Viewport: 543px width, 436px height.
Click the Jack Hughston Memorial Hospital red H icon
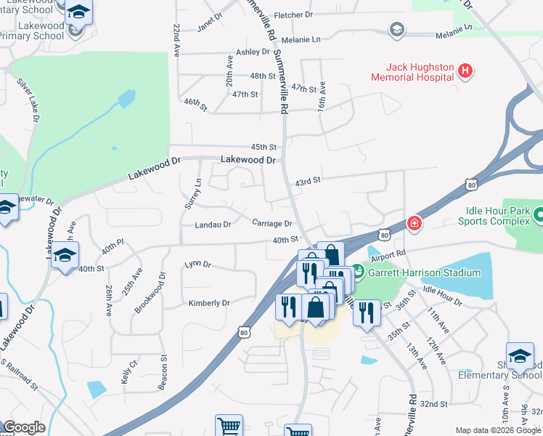(x=465, y=70)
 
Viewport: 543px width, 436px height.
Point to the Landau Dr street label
(x=213, y=225)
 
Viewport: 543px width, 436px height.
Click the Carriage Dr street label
(x=272, y=224)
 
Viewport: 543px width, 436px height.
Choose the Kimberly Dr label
(x=209, y=302)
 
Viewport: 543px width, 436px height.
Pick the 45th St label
(x=264, y=147)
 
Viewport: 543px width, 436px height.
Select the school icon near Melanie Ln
(x=396, y=30)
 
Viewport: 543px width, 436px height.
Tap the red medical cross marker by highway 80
(x=414, y=222)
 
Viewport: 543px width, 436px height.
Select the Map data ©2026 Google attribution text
(x=498, y=430)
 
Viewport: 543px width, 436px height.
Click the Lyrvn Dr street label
(x=197, y=264)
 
